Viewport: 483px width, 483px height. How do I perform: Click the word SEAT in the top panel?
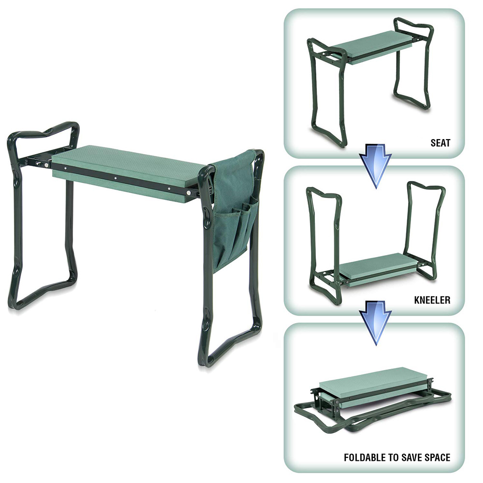pyautogui.click(x=440, y=143)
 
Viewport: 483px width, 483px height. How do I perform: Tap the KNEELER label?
pyautogui.click(x=433, y=300)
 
